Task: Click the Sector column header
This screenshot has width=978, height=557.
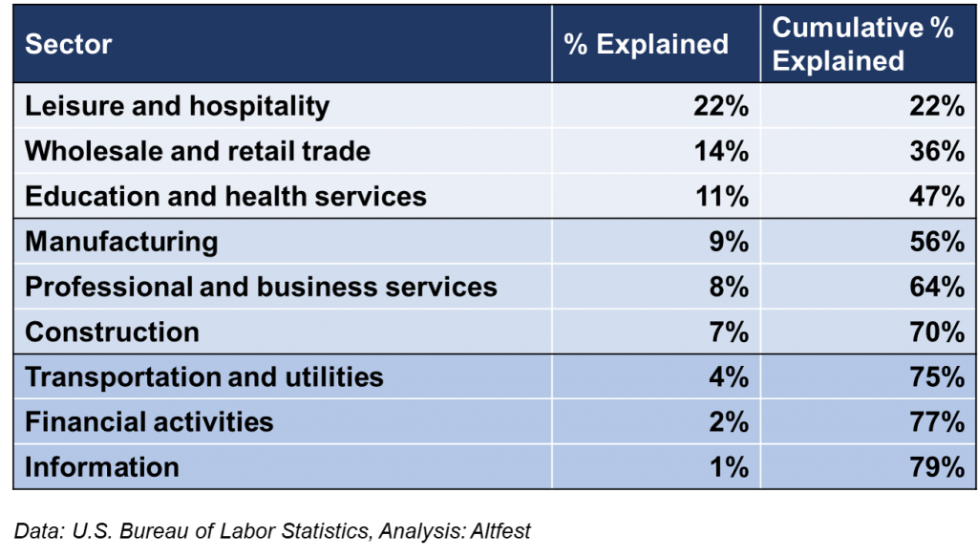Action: pos(69,44)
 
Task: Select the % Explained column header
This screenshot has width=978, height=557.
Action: pos(646,44)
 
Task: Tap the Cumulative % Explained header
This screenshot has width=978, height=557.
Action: pos(862,44)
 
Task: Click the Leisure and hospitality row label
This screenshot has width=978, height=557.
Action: pos(177,106)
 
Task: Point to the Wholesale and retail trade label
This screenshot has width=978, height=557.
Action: pos(198,151)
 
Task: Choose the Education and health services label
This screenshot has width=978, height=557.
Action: pos(225,196)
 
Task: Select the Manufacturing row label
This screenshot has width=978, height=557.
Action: pos(121,241)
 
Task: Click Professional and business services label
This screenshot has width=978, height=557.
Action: pos(261,287)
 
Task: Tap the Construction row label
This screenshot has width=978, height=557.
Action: pos(112,332)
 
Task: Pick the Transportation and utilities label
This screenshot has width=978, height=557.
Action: pos(203,376)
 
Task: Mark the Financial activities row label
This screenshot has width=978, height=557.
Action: pos(149,421)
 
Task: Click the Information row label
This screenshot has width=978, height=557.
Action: pos(102,466)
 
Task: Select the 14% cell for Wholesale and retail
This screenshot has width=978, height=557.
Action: pos(721,151)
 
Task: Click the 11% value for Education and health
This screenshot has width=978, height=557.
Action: pos(721,196)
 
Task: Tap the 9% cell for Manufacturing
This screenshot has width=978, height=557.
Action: pos(729,241)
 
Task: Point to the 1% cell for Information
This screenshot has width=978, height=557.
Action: pos(729,466)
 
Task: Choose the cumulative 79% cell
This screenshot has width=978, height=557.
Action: pos(937,466)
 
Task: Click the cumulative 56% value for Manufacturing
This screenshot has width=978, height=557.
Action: pos(937,241)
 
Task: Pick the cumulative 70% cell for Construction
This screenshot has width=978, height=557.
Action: pos(937,332)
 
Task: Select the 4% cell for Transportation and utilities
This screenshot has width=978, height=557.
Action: pos(729,376)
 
